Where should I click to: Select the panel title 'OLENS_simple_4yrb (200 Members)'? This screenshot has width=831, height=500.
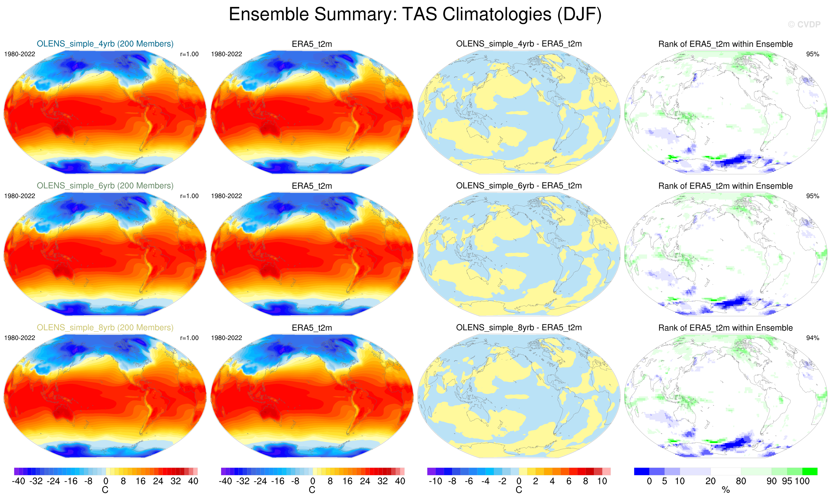coord(105,44)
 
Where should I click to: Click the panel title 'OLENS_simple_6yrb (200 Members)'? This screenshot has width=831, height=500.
coord(105,186)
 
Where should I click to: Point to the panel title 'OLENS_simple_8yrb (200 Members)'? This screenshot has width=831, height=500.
coord(105,328)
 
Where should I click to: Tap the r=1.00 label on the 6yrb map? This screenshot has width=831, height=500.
coord(189,196)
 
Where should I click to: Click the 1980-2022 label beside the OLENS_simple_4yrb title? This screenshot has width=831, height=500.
coord(20,54)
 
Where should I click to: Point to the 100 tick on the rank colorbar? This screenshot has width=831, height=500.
coord(802,481)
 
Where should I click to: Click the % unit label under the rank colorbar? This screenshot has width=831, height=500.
coord(726,490)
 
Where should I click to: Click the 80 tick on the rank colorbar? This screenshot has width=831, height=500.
coord(741,481)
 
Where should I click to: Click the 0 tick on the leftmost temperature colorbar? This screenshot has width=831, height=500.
coord(106,481)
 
